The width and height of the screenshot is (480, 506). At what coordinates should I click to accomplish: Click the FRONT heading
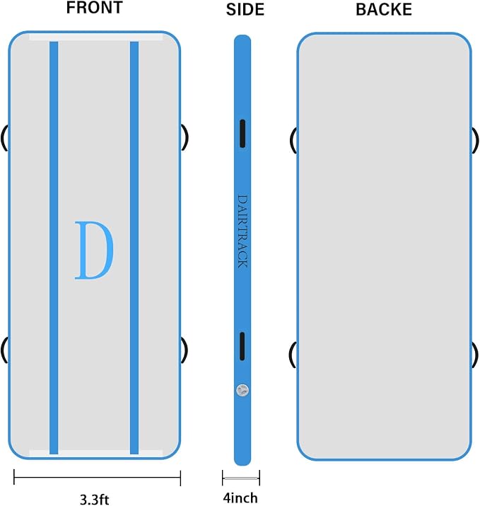point(95,8)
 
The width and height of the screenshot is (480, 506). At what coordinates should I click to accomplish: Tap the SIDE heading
point(245,9)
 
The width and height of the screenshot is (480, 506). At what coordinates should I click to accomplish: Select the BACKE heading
point(384,9)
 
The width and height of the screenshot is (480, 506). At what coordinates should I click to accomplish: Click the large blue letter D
point(94,250)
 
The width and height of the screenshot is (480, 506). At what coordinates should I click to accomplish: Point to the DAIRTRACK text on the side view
point(242,231)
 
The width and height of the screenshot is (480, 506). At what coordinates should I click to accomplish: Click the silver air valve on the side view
point(242,391)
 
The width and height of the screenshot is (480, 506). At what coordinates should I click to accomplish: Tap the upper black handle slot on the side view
point(242,134)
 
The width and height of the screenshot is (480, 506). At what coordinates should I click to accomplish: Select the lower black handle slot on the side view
point(242,346)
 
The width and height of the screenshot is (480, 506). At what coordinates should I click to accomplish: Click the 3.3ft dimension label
point(95,499)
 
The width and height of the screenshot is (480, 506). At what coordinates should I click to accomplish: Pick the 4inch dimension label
point(240,498)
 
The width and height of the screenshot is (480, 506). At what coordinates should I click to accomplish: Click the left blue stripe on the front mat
point(54,248)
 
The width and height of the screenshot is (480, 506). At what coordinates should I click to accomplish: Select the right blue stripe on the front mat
point(134,248)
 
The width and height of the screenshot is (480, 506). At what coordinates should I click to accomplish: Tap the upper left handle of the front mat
point(4,138)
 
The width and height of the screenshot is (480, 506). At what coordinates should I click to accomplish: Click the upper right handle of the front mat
point(185,137)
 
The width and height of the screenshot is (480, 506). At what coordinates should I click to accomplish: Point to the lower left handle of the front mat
point(4,350)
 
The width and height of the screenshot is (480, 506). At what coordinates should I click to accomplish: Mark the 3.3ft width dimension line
point(97,477)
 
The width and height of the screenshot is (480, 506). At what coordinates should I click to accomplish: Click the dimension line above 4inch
point(241,478)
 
